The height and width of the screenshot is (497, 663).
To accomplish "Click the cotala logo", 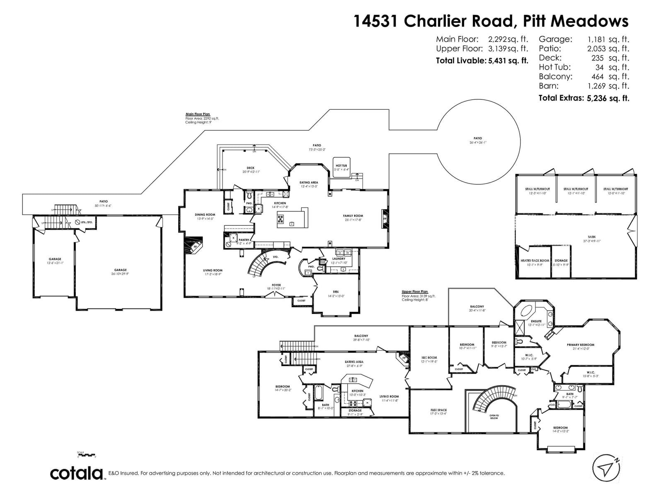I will pos(77,473).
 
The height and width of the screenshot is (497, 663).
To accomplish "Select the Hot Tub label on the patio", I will pos(341,166).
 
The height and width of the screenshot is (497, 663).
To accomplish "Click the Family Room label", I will pos(353,216).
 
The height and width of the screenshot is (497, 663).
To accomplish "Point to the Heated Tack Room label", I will pos(535,261).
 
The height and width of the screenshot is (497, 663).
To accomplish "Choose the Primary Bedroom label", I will pos(580,345).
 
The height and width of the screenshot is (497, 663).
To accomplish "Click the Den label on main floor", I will pos(336,292).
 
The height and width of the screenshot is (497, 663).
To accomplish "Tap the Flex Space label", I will pos(438,410).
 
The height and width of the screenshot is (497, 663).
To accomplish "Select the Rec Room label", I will pos(429,357).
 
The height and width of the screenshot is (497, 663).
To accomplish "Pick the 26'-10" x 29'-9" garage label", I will pos(121,272).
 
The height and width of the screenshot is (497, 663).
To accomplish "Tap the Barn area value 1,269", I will pos(596,86).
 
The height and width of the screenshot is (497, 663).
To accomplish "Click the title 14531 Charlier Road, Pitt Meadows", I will pos(491,21).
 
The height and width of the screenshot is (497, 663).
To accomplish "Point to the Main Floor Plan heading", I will pos(198,114).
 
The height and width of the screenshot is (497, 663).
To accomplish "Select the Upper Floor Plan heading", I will pos(415,292).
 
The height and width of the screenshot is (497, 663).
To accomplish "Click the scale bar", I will pos(86,455).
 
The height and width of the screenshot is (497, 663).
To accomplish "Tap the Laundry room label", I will pos(339,259).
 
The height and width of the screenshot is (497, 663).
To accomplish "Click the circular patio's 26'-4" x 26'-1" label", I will pos(478,142).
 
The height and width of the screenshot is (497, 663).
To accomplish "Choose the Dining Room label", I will pos(205,215).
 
